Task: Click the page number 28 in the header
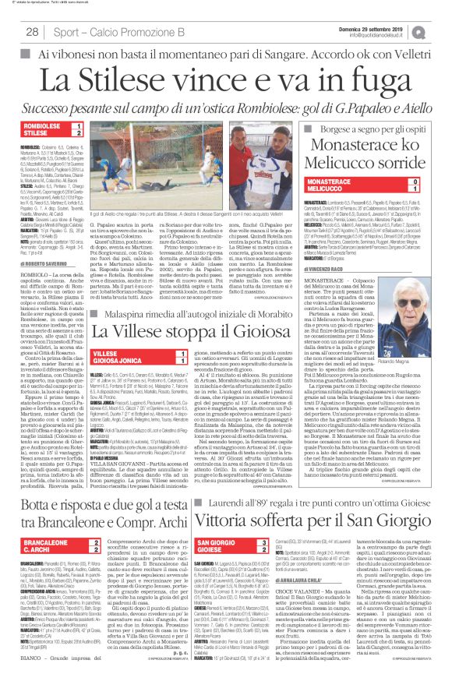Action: click(x=34, y=30)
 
